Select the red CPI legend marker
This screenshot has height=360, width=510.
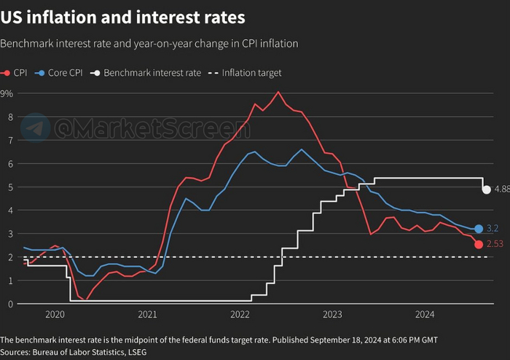click(x=7, y=73)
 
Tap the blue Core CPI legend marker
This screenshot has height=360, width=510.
click(x=41, y=73)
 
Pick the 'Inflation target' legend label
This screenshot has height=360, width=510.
click(x=251, y=73)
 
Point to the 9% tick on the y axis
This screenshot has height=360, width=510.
click(x=7, y=93)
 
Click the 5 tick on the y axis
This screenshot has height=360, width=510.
click(x=10, y=187)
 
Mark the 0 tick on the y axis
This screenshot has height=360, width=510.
click(x=10, y=303)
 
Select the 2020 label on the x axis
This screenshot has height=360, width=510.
click(x=55, y=315)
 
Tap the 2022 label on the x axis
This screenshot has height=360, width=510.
click(x=240, y=315)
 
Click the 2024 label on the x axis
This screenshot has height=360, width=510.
click(x=425, y=315)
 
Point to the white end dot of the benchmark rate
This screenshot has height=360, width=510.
click(x=487, y=189)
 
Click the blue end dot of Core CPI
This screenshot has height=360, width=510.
click(x=479, y=229)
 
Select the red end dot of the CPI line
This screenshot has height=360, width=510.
click(x=479, y=244)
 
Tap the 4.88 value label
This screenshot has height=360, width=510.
click(x=502, y=189)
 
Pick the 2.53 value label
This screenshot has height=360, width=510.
click(x=495, y=245)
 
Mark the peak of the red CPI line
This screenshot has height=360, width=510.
click(x=278, y=92)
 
